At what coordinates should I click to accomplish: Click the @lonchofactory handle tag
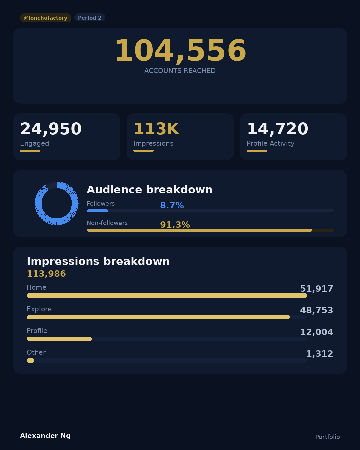coord(45,18)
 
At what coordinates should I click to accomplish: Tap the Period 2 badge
coord(90,18)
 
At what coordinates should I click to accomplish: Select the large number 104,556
coord(180,51)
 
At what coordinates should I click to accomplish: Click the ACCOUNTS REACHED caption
coord(180,71)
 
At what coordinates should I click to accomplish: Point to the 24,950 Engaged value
coord(51,129)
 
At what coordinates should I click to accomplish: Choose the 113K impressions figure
coord(156,129)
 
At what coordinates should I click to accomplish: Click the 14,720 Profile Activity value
coord(277,129)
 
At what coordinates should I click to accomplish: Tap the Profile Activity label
coord(270,143)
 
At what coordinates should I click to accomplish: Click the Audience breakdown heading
coord(149,190)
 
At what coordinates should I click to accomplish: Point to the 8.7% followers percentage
coord(172,205)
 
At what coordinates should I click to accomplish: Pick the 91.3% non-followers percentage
coord(175,225)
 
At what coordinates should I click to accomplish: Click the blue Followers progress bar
coord(97,211)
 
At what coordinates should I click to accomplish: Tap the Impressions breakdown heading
coord(98,261)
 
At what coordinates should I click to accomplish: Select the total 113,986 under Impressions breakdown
coord(46,274)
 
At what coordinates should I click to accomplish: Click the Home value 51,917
coord(316,289)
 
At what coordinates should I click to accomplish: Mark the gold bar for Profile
coord(59,339)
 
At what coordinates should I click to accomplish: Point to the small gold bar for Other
coord(30,360)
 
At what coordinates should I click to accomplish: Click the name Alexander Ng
coord(45,436)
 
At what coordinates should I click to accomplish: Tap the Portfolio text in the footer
coord(327,437)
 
